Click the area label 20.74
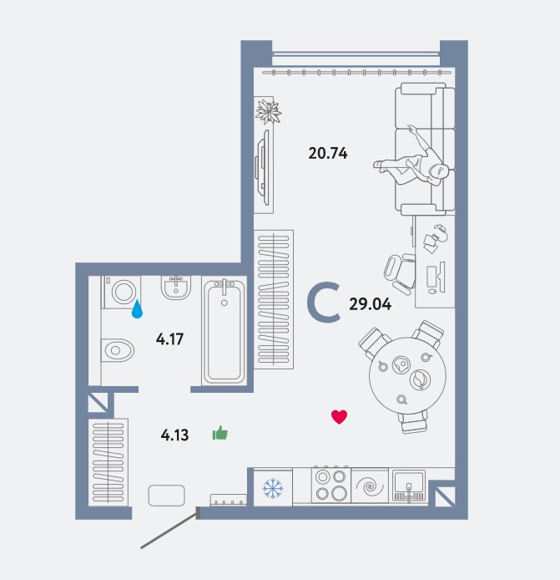328,153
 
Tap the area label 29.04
370,304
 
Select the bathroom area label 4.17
169,338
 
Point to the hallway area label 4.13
174,435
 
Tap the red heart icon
339,417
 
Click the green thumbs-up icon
220,433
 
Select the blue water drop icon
137,309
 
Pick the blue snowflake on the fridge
273,488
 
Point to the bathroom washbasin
176,287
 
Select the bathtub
225,332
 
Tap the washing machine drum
123,292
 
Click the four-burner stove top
331,486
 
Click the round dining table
407,375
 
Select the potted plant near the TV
269,111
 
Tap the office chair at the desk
400,274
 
